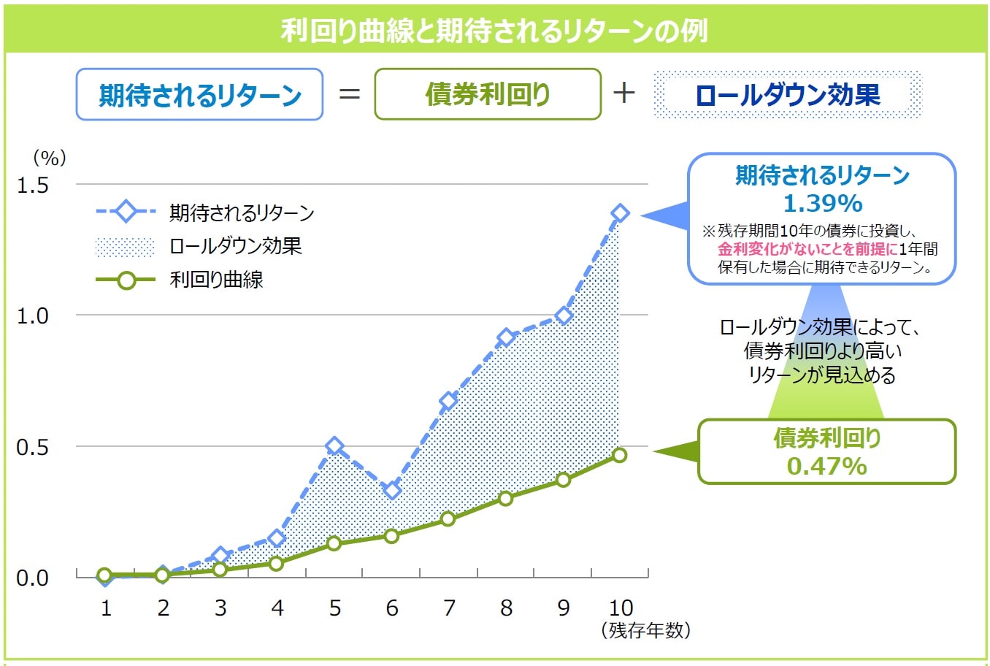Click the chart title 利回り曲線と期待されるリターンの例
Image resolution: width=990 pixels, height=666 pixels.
point(494,31)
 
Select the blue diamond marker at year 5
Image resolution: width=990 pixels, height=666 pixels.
point(334,446)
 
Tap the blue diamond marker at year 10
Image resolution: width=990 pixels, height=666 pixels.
point(620,213)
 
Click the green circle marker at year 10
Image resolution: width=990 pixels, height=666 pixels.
point(619,455)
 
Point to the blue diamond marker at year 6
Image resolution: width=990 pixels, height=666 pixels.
point(392,490)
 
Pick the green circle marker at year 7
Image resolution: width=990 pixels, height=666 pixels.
point(448,518)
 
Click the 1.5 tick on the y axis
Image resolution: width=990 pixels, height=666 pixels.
point(33,185)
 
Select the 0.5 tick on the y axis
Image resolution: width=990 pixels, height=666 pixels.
point(33,447)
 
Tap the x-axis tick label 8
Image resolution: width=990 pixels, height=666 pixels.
point(506,608)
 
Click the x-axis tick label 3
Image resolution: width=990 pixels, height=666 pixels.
point(220,608)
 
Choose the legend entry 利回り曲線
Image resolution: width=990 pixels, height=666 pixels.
point(216,280)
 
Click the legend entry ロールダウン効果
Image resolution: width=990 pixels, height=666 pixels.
point(235,246)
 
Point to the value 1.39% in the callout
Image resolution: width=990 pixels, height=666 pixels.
point(823,203)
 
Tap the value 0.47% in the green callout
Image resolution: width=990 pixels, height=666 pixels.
point(826,465)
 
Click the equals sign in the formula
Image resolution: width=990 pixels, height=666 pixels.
point(349,94)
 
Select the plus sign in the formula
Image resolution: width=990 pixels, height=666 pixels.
point(624,93)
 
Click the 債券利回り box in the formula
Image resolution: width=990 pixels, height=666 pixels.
point(487,94)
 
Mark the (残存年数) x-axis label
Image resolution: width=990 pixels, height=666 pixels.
point(645,630)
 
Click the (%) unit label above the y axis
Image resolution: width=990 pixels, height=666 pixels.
point(50,158)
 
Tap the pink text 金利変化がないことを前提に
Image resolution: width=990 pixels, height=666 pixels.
point(807,249)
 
